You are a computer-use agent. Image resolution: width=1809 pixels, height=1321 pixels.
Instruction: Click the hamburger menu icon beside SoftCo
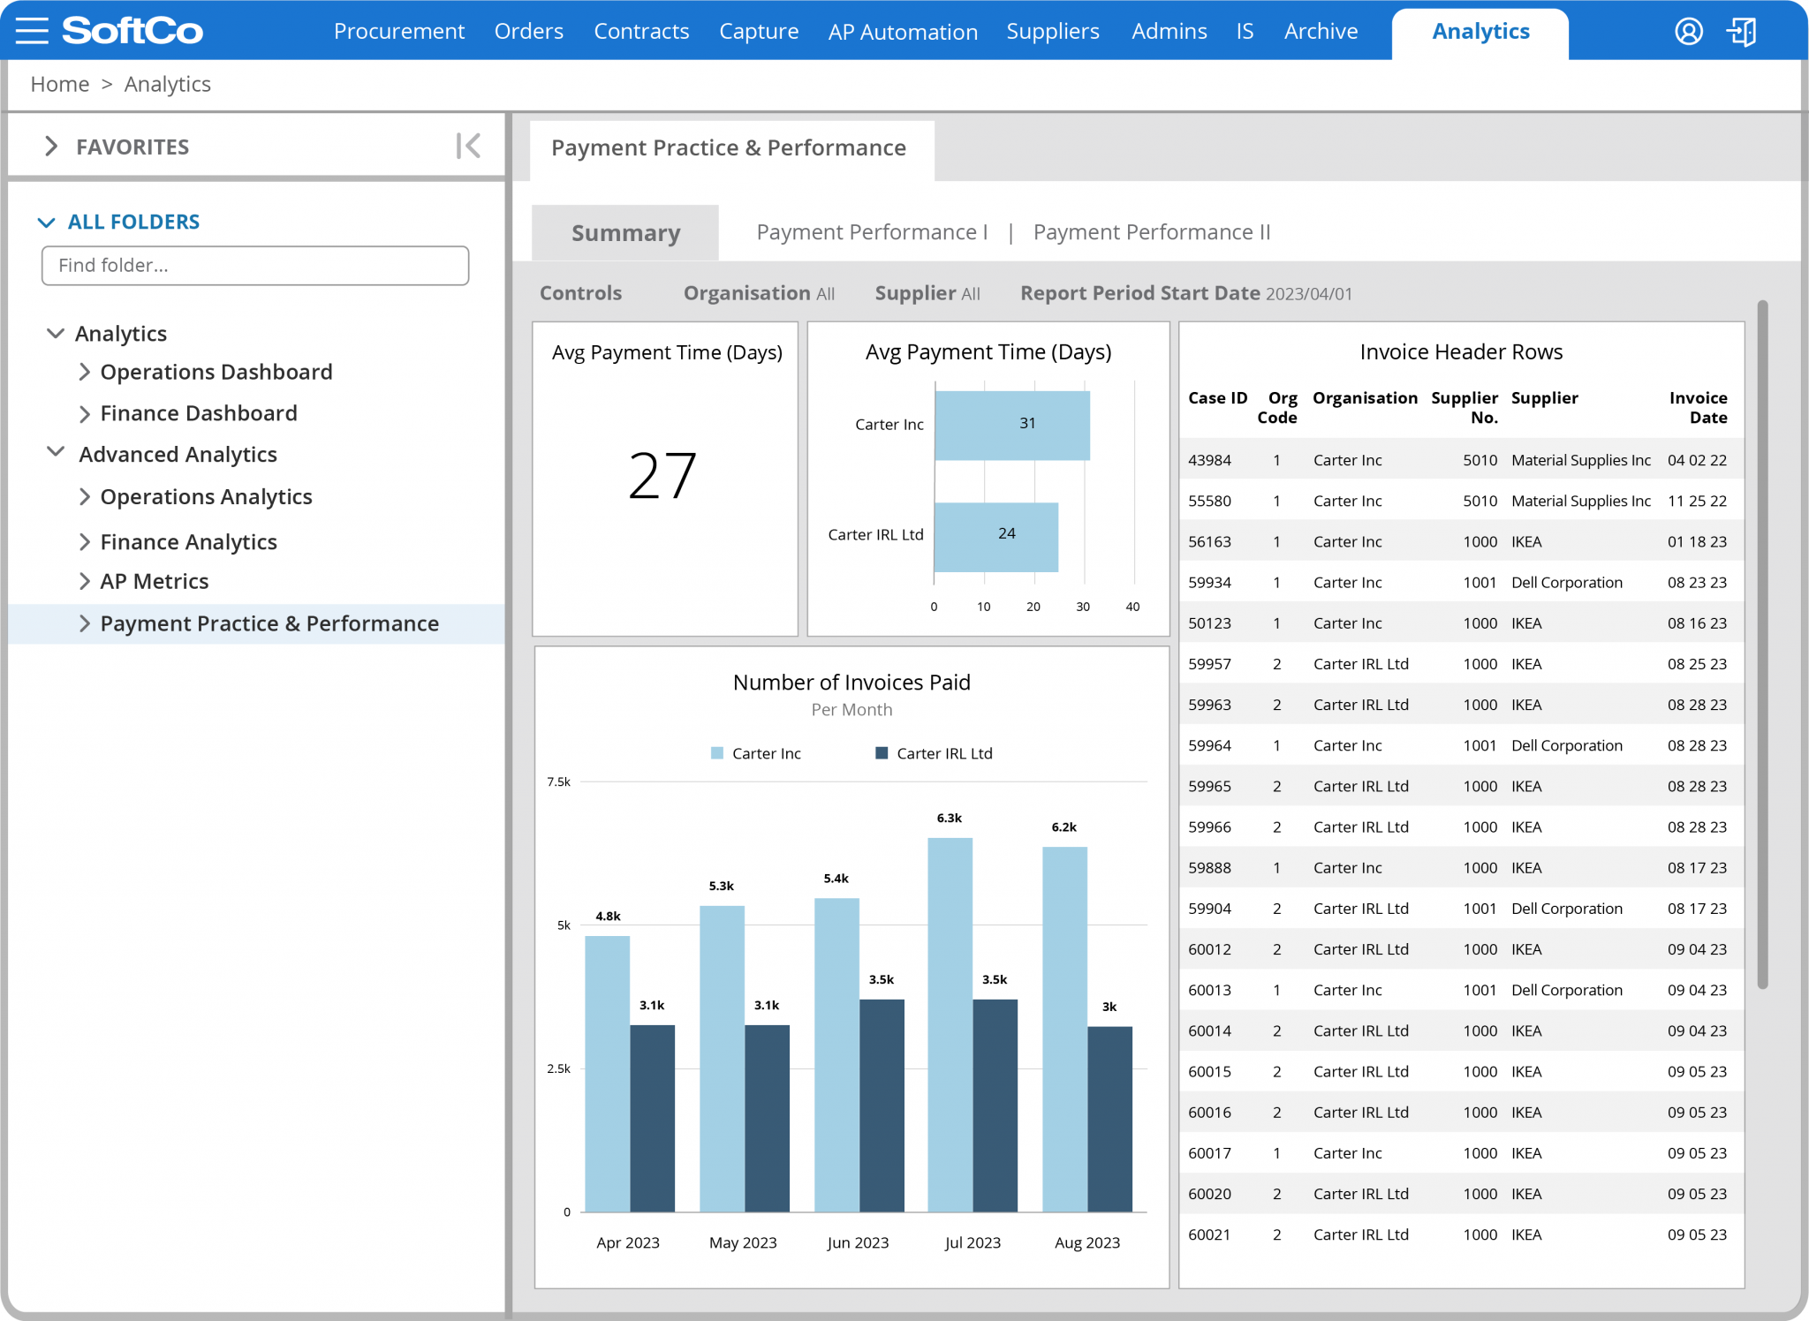(32, 31)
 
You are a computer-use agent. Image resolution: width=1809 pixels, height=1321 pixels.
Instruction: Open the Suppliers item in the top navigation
(1052, 32)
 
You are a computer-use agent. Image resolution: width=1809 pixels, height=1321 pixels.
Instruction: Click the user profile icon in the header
(1688, 32)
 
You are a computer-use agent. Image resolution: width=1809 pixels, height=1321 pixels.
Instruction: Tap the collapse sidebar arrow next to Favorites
(468, 146)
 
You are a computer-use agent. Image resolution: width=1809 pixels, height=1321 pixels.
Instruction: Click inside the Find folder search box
(254, 266)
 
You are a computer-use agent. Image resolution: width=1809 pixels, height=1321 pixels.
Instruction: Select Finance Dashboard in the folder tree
(198, 413)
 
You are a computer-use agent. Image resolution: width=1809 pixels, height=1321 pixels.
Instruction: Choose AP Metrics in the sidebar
(154, 581)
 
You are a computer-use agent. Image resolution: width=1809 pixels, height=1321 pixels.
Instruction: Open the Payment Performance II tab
(1151, 232)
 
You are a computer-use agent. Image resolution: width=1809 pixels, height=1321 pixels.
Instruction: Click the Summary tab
(625, 233)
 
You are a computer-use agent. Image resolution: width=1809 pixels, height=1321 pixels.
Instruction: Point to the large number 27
(662, 476)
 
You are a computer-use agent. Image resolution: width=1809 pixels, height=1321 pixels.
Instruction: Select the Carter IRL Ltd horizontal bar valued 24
(995, 537)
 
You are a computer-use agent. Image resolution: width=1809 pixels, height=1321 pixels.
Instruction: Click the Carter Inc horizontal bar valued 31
(1011, 425)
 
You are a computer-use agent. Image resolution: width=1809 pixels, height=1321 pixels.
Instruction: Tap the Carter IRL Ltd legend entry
(934, 753)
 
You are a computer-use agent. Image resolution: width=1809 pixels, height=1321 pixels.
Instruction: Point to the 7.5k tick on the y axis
(558, 781)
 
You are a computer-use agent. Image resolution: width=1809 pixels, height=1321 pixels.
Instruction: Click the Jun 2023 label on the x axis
(857, 1242)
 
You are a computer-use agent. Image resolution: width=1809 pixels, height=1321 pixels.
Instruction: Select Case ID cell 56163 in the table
(1209, 541)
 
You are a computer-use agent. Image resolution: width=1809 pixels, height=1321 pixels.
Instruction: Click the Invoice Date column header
(1697, 407)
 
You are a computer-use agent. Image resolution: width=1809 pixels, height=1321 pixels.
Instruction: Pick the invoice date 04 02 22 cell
(1696, 460)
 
